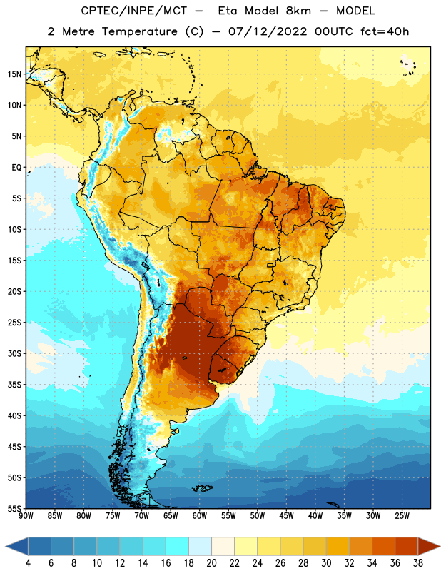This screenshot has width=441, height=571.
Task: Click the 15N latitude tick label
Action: coord(14,74)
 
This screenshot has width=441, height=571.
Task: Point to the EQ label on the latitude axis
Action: coord(16,168)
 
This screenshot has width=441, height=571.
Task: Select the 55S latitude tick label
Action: coord(14,509)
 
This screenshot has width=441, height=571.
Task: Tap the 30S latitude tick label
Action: coord(14,353)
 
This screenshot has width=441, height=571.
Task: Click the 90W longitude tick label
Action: coord(26,516)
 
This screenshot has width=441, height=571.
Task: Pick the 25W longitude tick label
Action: coord(402,516)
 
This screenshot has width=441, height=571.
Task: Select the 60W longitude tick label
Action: coord(200,516)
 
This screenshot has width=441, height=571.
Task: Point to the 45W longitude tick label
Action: coord(286,516)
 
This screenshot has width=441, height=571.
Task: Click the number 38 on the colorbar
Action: coord(418,563)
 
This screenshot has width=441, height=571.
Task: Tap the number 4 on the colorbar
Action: coord(28,563)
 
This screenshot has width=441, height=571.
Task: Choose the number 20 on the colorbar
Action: coord(211,563)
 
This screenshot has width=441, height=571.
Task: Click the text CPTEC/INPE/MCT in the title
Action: coord(133,11)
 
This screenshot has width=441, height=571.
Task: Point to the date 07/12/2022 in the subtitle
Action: coord(268,31)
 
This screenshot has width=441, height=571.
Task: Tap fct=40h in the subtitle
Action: coord(385,31)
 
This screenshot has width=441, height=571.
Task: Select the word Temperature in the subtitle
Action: coord(139,31)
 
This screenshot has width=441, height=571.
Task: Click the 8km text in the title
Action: coord(298,11)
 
